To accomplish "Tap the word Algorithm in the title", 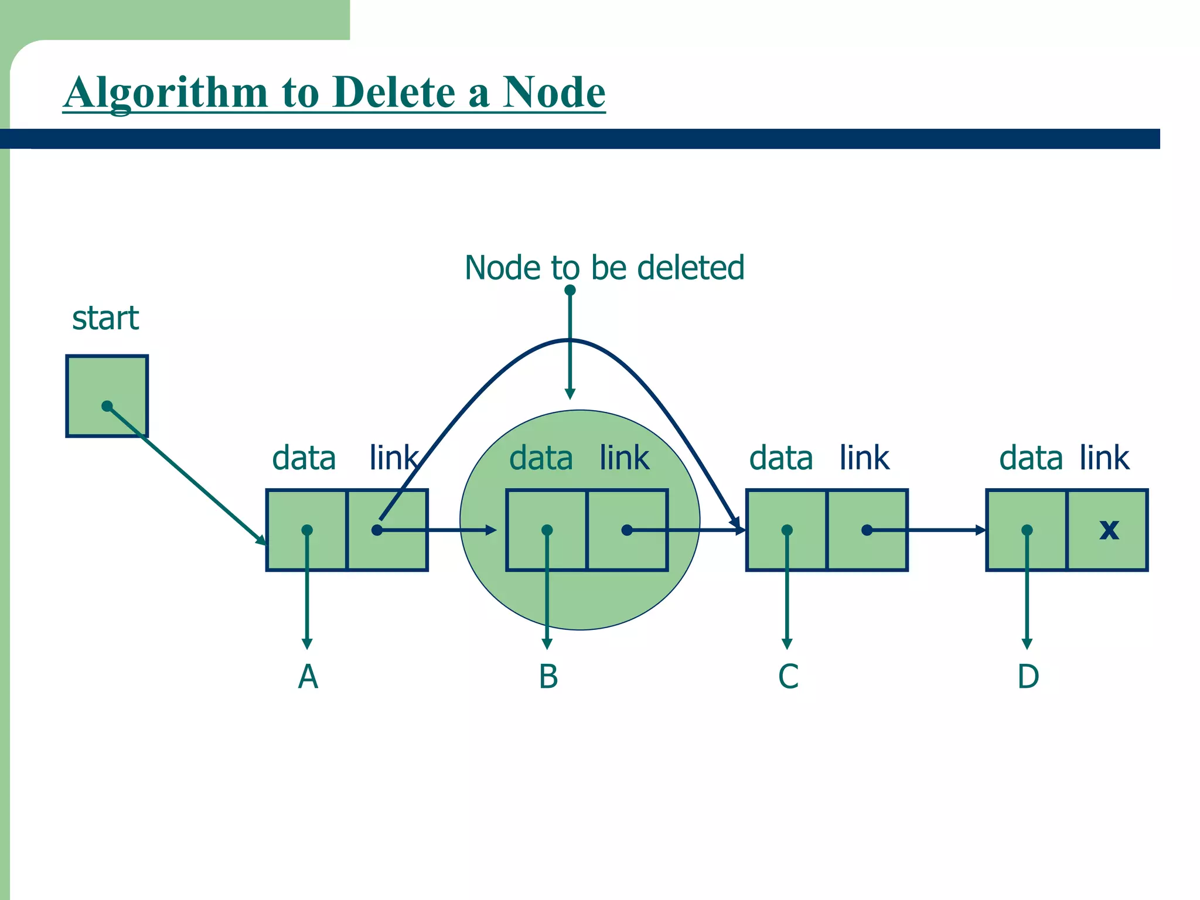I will click(x=166, y=93).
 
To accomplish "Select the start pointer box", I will click(x=107, y=396).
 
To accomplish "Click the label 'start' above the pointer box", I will click(x=105, y=319).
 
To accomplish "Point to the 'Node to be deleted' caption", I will click(x=604, y=268).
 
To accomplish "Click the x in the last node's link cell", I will click(x=1109, y=530).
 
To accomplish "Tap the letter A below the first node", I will click(x=308, y=677).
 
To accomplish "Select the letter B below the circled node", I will click(x=548, y=677).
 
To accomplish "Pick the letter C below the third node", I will click(x=788, y=677).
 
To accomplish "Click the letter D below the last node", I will click(x=1028, y=677).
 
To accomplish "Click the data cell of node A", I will click(x=307, y=530).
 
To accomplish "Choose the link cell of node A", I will click(x=388, y=530).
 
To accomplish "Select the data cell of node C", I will click(x=787, y=530).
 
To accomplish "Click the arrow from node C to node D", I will click(x=943, y=530).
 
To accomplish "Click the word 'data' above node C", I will click(x=781, y=458).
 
